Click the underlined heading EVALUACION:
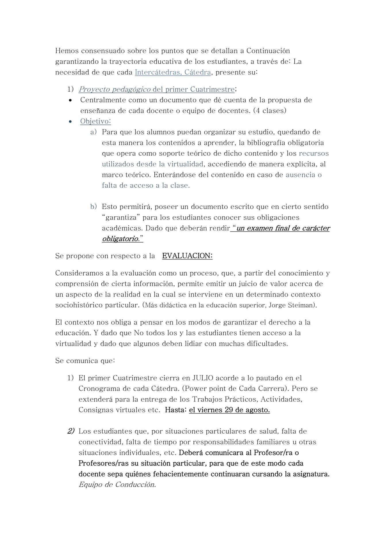[x=187, y=256]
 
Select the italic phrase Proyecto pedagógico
[x=115, y=89]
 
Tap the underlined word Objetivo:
[x=95, y=121]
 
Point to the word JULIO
[x=203, y=378]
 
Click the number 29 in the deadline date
[x=229, y=410]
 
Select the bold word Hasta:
[x=176, y=410]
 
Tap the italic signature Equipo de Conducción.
[x=117, y=485]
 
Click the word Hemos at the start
[x=67, y=51]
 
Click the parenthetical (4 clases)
[x=270, y=111]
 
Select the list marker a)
[x=93, y=132]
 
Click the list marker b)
[x=93, y=207]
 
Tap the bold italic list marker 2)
[x=71, y=431]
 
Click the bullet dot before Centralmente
[x=70, y=100]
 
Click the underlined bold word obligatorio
[x=121, y=239]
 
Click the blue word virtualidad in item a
[x=185, y=164]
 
